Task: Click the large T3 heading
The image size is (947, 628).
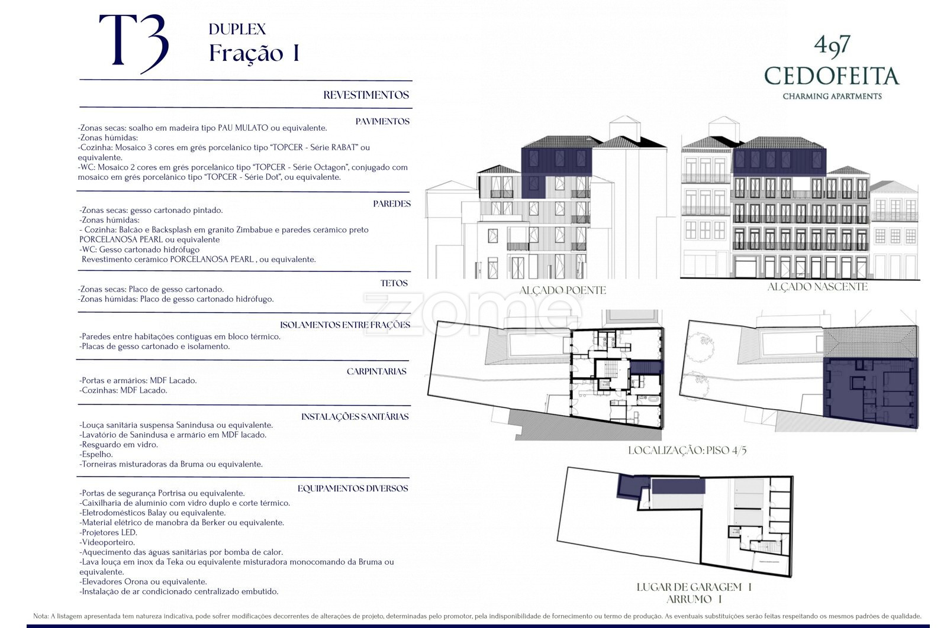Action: click(134, 44)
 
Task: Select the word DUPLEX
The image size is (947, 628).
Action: click(237, 29)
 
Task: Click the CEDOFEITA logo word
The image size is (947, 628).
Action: click(832, 76)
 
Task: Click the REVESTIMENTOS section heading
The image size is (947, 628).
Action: click(366, 95)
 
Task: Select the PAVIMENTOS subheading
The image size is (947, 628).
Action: click(382, 122)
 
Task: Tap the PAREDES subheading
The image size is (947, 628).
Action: click(391, 203)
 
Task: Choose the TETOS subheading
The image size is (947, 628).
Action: click(394, 283)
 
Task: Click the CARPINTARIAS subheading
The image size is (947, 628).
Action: click(376, 371)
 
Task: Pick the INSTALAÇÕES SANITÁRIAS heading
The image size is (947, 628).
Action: click(355, 417)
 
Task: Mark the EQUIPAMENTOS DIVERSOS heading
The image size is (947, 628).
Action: click(353, 488)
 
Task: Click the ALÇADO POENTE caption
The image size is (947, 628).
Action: click(562, 290)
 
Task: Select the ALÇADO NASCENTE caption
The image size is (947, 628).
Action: click(817, 287)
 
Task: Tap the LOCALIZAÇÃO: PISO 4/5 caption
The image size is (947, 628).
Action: click(687, 450)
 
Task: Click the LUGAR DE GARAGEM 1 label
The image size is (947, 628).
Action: click(694, 587)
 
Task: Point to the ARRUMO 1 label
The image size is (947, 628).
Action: click(694, 599)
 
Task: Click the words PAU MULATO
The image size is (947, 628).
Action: click(243, 128)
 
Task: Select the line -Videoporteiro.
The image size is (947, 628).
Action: click(107, 542)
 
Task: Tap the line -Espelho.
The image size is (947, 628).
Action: click(96, 454)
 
